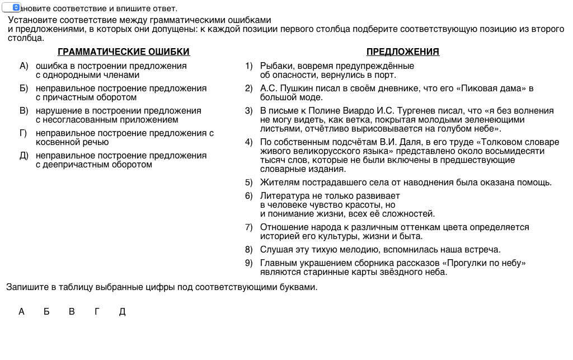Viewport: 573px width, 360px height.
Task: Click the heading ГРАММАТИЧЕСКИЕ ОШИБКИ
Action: click(124, 52)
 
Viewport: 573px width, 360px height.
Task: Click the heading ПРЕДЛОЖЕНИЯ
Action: click(402, 52)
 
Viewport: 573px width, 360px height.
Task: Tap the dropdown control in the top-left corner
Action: click(11, 8)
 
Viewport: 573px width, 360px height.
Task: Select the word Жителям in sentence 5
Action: click(277, 183)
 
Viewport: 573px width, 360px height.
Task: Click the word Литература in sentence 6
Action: click(283, 196)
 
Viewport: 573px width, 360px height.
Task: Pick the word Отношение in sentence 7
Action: click(283, 227)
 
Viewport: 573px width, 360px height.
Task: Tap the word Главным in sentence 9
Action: click(278, 263)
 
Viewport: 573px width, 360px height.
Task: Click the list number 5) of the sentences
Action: click(249, 183)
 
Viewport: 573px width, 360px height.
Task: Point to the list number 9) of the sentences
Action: click(249, 263)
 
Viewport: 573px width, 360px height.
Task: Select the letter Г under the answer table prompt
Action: click(97, 312)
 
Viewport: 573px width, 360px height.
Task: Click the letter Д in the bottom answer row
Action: click(122, 312)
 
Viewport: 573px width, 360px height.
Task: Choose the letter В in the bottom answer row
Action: click(72, 312)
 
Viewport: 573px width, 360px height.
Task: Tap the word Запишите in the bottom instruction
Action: click(24, 287)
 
